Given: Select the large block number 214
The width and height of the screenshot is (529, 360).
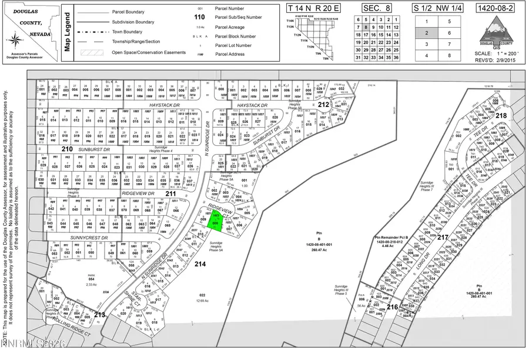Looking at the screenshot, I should point(200,264).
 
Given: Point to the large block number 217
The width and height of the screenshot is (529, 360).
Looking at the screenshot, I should point(442,236).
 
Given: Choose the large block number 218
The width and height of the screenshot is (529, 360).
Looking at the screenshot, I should point(501,116).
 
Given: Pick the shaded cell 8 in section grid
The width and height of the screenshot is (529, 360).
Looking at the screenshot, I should point(366,26).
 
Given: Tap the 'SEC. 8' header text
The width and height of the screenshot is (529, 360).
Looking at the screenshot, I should point(376,8).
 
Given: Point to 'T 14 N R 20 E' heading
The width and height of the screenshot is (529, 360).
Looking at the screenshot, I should point(315,8).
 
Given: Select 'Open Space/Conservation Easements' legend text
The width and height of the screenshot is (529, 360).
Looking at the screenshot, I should point(149,52).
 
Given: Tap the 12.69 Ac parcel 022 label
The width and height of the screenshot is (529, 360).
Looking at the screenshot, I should point(202,298).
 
